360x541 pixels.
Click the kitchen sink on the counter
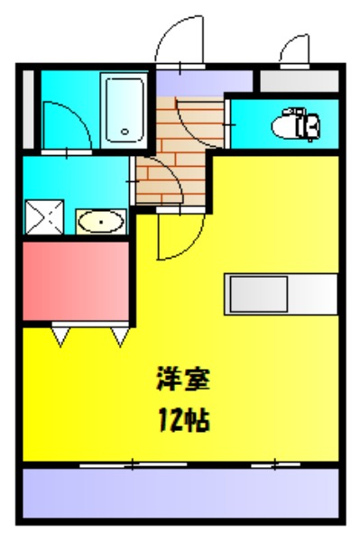257,293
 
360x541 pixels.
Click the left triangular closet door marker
60,335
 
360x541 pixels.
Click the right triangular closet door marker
119,335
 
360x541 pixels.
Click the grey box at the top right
298,79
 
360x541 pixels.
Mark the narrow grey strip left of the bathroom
29,107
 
